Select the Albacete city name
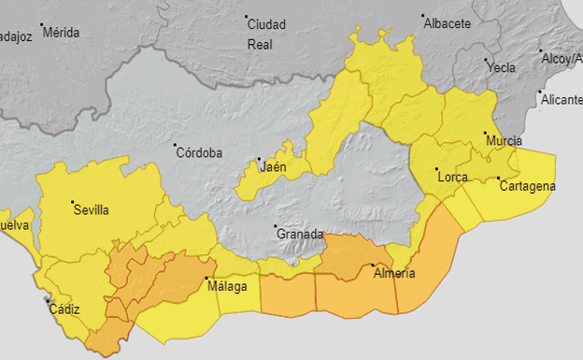coord(448,24)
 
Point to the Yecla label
coord(501,68)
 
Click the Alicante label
coord(562,100)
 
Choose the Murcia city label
coord(504,141)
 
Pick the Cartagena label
coord(527,186)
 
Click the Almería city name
coord(393,274)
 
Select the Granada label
coord(299,234)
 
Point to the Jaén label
coord(273,167)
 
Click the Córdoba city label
coord(198,152)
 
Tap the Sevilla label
coord(91,210)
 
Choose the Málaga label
coord(227,286)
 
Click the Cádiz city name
coord(64,310)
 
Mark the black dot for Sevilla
coord(72,201)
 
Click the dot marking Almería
coord(374,265)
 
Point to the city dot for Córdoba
coord(175,145)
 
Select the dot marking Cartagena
coord(499,178)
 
